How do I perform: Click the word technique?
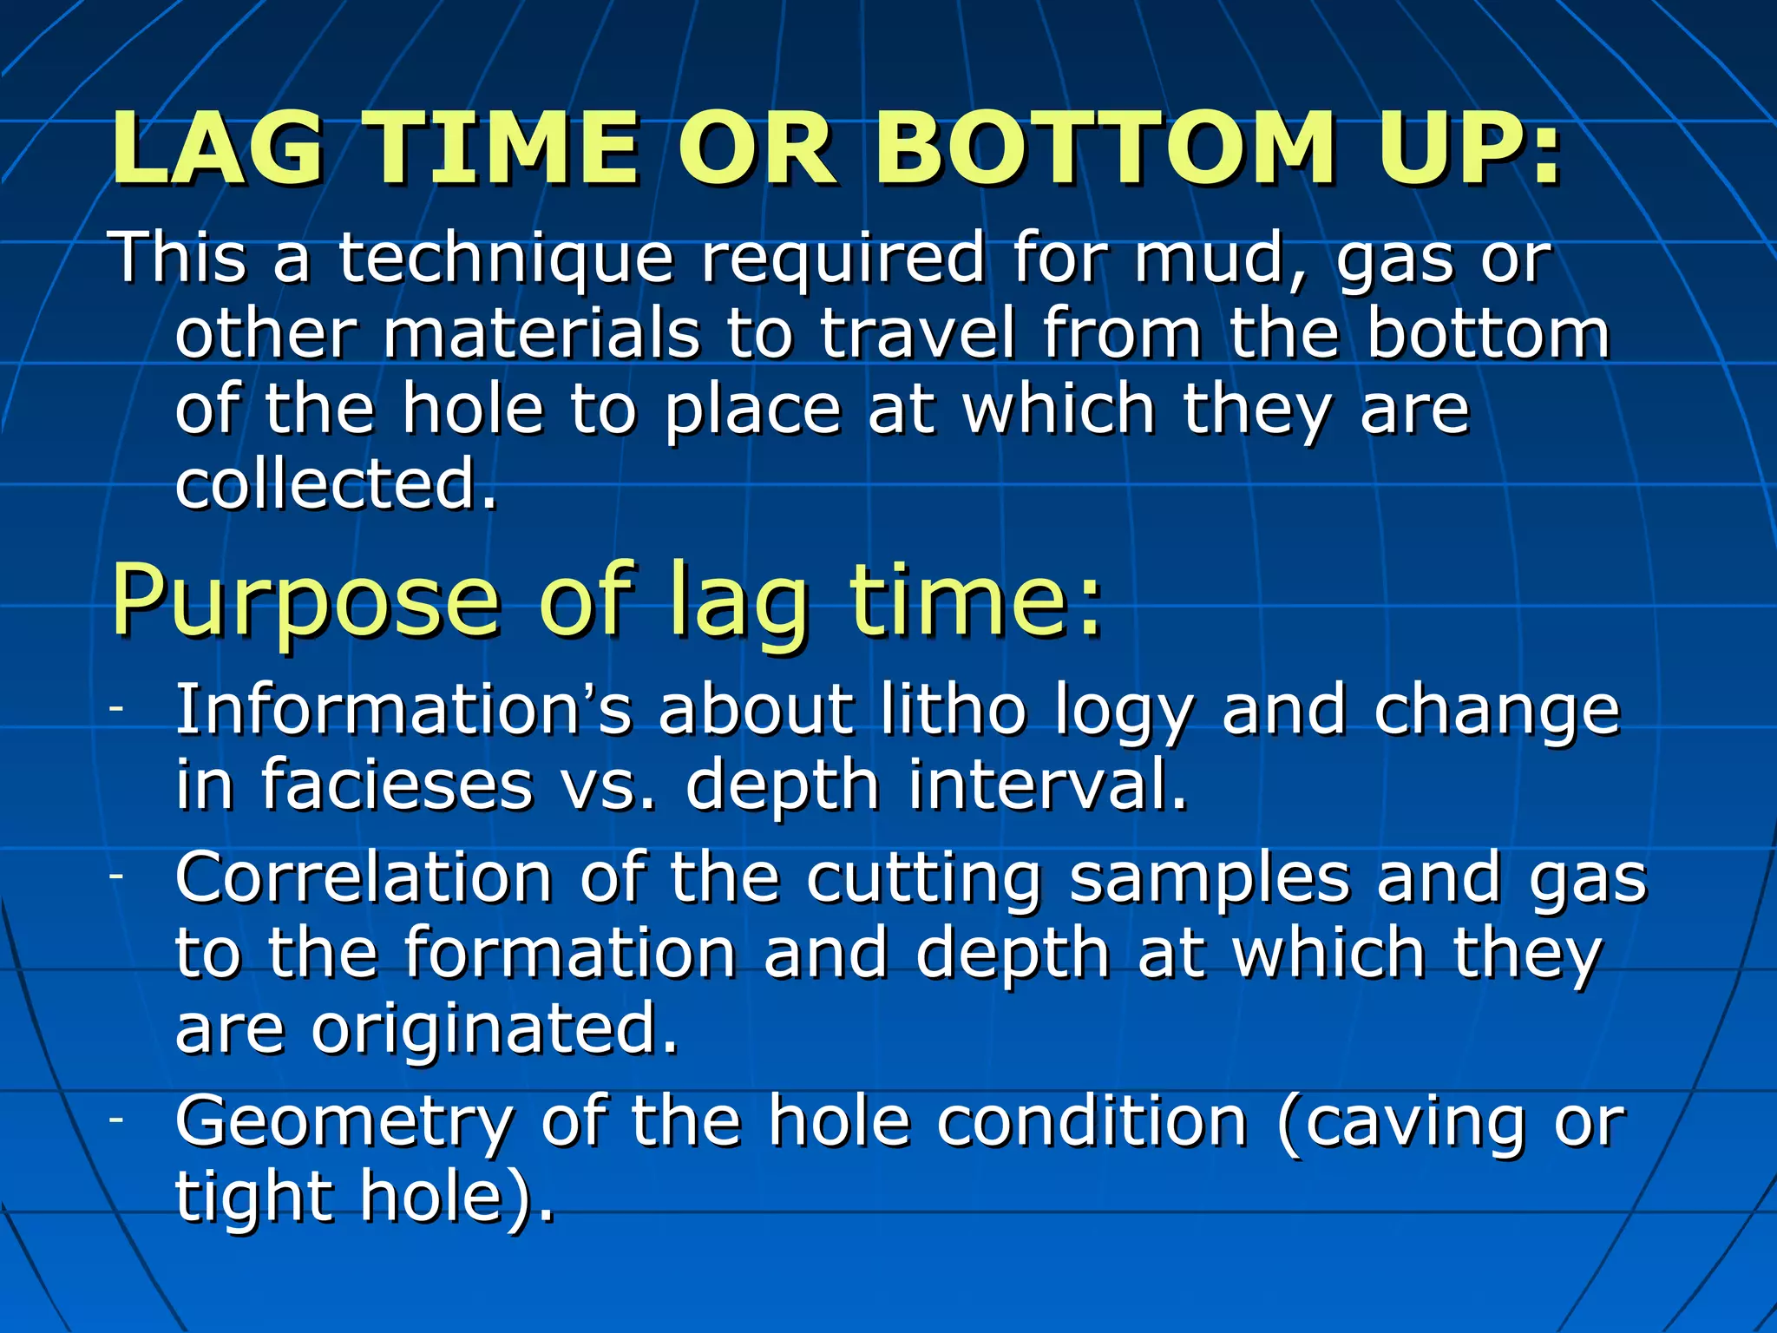click(505, 259)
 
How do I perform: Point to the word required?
click(842, 259)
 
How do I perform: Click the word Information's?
click(403, 710)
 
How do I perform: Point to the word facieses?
click(397, 785)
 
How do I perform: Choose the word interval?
click(1046, 785)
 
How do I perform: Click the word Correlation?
click(364, 877)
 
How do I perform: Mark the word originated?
click(494, 1028)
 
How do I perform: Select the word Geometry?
click(344, 1121)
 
